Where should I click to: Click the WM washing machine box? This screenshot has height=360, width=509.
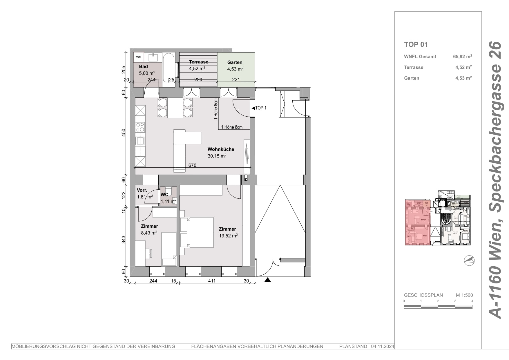pyautogui.click(x=139, y=57)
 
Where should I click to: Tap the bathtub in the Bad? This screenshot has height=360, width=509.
pyautogui.click(x=169, y=68)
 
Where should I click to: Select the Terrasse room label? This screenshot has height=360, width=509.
pyautogui.click(x=199, y=62)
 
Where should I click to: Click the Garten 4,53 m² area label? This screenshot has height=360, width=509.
pyautogui.click(x=235, y=69)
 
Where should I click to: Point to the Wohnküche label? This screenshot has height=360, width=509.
pyautogui.click(x=221, y=149)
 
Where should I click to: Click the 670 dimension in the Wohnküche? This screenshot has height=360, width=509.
pyautogui.click(x=192, y=165)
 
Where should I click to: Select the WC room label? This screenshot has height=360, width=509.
pyautogui.click(x=164, y=195)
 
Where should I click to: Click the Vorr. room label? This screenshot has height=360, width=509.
pyautogui.click(x=142, y=190)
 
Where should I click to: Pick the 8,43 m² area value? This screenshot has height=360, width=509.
pyautogui.click(x=149, y=233)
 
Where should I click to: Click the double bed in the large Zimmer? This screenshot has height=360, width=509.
pyautogui.click(x=197, y=232)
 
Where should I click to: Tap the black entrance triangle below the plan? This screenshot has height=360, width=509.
pyautogui.click(x=268, y=280)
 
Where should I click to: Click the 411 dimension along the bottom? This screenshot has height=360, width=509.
pyautogui.click(x=212, y=281)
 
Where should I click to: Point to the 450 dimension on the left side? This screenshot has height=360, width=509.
pyautogui.click(x=124, y=133)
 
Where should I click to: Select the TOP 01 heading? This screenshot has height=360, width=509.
pyautogui.click(x=416, y=44)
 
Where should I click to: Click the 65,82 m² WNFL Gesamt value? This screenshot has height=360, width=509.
pyautogui.click(x=462, y=57)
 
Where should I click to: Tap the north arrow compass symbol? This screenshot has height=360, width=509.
pyautogui.click(x=469, y=260)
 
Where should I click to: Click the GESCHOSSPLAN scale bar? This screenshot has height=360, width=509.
pyautogui.click(x=438, y=307)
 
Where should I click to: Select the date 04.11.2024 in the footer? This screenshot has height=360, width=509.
pyautogui.click(x=382, y=346)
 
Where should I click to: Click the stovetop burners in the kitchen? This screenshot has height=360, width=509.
pyautogui.click(x=140, y=127)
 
